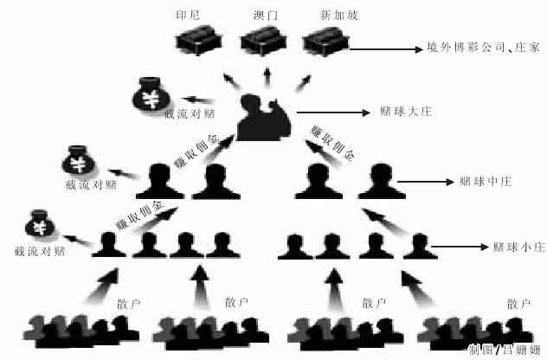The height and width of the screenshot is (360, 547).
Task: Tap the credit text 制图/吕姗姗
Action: click(x=505, y=349)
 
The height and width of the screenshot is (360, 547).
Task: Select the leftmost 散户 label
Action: click(x=127, y=303)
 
